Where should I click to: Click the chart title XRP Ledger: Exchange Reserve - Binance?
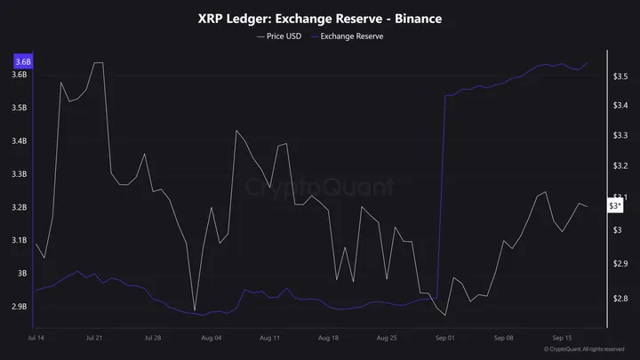coord(320,18)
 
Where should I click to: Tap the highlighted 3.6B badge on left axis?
coord(21,62)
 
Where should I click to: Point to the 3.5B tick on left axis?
coord(20,108)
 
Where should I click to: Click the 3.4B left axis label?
coord(20,140)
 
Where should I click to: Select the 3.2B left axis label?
coord(20,207)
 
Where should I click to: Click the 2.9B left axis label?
coord(20,307)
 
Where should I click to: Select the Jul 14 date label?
coord(37,339)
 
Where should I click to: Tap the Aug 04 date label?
coord(212,339)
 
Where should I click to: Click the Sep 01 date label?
coord(444,339)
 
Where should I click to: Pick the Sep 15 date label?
coord(562,339)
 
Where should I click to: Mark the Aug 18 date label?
coord(328,339)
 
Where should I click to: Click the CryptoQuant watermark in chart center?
coord(320,188)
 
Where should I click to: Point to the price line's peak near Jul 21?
coord(97,63)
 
